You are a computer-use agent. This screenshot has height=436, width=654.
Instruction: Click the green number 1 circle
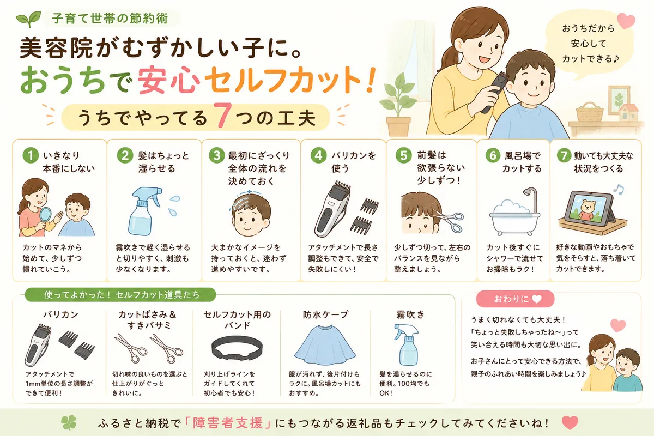click(31, 155)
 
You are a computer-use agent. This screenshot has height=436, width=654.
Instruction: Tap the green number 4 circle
click(318, 155)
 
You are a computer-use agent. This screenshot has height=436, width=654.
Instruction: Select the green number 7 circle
click(564, 155)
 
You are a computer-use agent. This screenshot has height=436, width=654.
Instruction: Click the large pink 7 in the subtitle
click(223, 116)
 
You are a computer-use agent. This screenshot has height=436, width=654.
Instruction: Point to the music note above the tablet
click(618, 190)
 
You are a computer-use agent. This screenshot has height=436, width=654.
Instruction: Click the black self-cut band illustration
click(237, 348)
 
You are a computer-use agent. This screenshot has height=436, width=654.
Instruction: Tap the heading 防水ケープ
click(325, 314)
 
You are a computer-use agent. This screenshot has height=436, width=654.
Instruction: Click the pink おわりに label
click(515, 299)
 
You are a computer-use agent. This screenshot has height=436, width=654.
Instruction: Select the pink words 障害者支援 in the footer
click(228, 423)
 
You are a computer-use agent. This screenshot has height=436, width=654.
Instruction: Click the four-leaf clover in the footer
click(69, 422)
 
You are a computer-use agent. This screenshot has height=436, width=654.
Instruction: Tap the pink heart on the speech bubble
click(626, 21)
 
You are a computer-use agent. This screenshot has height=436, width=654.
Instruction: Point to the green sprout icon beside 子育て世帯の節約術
click(28, 19)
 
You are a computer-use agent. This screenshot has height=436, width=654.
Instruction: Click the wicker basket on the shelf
click(590, 112)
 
